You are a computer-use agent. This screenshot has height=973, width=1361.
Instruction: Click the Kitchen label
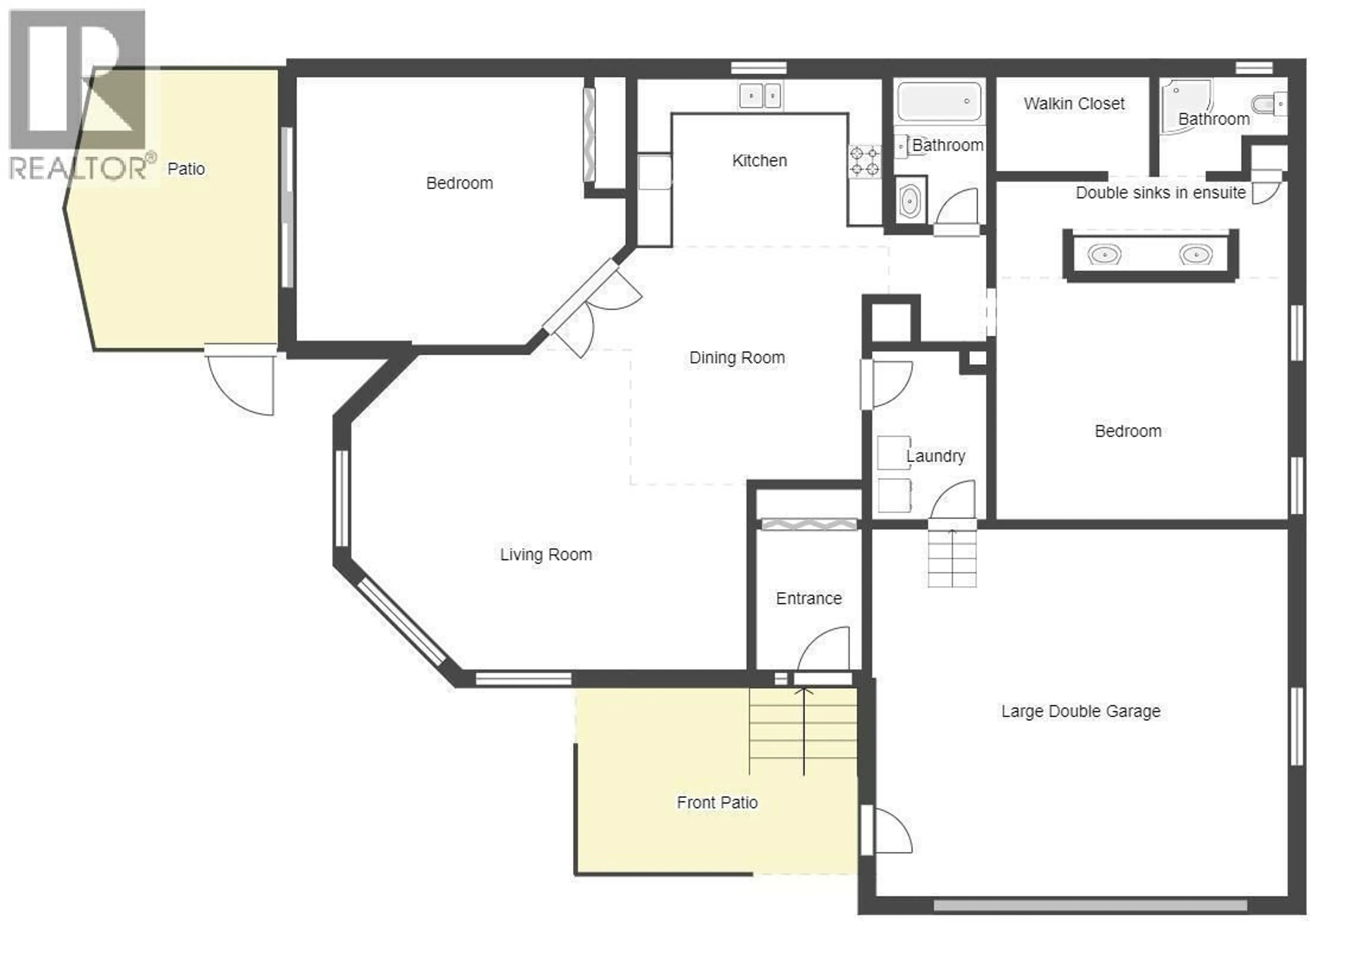pos(759,161)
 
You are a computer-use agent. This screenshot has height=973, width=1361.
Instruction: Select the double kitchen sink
pos(760,96)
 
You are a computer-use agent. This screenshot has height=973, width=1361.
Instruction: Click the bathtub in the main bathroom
pos(939,102)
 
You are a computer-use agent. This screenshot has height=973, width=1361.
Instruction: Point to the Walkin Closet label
pos(1074,104)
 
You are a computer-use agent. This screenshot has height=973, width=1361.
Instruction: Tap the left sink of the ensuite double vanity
pos(1104,255)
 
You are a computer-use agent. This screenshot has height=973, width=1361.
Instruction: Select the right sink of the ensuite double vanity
pos(1196,255)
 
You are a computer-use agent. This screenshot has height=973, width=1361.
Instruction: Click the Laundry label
pos(935,456)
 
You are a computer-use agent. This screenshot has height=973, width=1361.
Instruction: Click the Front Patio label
pos(717,802)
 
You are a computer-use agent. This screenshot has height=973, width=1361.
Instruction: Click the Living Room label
pos(546,555)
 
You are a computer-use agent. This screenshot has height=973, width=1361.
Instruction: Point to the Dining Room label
pos(737,358)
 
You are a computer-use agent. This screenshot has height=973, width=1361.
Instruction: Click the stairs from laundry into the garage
pos(952,557)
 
